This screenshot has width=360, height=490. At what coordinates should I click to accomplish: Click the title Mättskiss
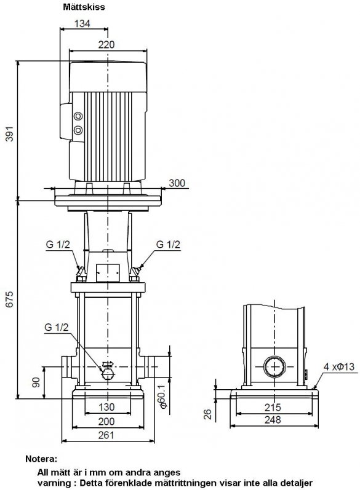[x=84, y=7]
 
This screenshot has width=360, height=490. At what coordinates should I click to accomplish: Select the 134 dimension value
[x=82, y=23]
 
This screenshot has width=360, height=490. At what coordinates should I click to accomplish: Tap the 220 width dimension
[x=106, y=45]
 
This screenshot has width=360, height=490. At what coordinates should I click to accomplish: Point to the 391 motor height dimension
[x=10, y=134]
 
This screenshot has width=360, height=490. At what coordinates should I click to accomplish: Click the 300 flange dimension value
[x=177, y=183]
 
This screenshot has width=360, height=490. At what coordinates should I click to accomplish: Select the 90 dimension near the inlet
[x=36, y=382]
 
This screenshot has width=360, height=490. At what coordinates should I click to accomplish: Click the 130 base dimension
[x=106, y=407]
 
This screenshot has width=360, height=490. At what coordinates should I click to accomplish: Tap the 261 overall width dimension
[x=106, y=435]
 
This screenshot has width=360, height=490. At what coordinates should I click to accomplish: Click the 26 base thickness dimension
[x=207, y=414]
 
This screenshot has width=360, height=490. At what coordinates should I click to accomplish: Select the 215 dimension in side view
[x=273, y=407]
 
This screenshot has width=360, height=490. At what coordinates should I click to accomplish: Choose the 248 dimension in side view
[x=273, y=420]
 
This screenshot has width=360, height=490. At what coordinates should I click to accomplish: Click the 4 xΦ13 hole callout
[x=338, y=366]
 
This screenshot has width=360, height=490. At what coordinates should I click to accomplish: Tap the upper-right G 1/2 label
[x=168, y=244]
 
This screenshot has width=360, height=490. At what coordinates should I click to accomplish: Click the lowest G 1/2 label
[x=56, y=327]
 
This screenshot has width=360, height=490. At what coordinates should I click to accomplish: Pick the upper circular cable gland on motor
[x=78, y=117]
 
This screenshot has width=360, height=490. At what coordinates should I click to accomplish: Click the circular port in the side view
[x=274, y=366]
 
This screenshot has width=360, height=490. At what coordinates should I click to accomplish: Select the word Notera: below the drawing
[x=41, y=459]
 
